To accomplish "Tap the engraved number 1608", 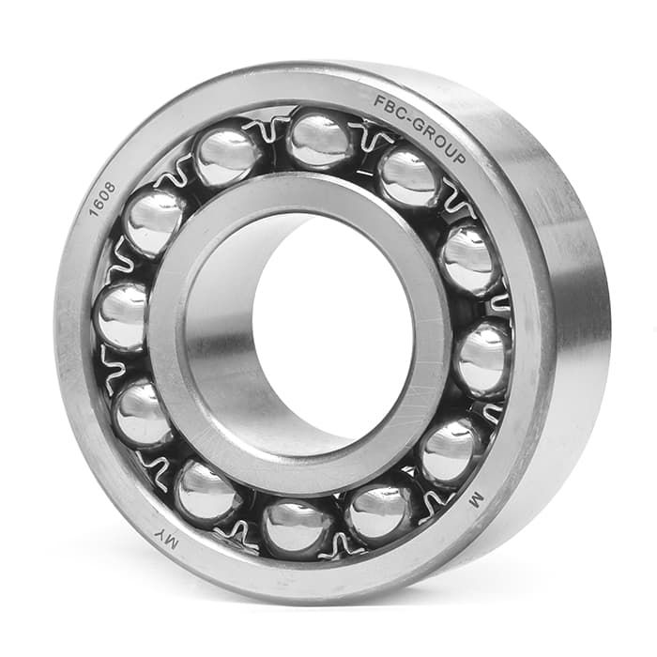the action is click(x=102, y=199).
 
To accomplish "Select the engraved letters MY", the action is click(x=167, y=540).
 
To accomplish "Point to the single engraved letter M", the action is click(x=477, y=500).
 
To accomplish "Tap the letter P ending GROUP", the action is click(x=459, y=158).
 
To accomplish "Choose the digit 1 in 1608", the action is click(x=94, y=211).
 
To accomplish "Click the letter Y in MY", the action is click(x=160, y=535).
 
